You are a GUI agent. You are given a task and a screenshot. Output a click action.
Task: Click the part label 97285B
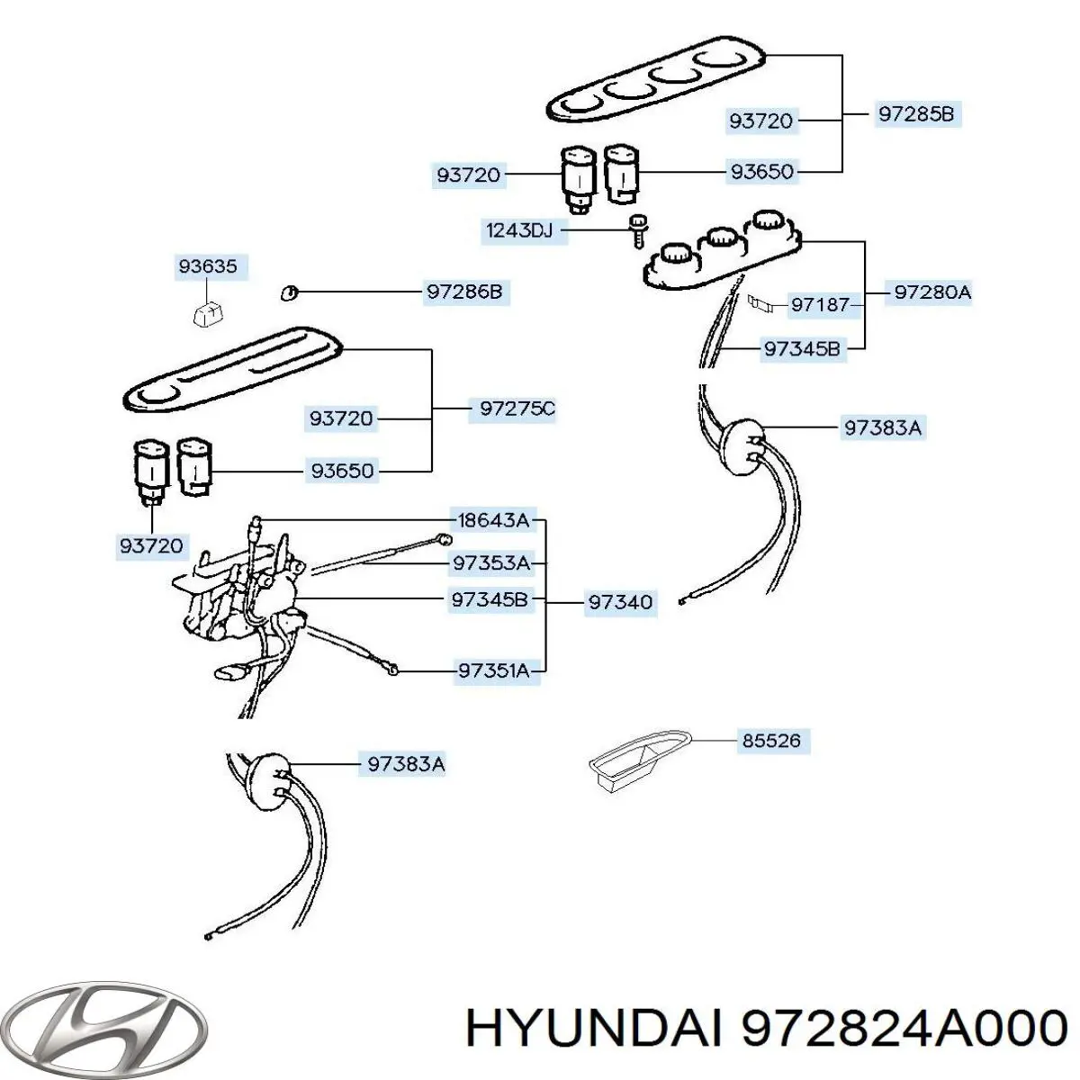click(915, 114)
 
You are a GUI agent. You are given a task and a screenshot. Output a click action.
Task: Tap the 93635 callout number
click(208, 266)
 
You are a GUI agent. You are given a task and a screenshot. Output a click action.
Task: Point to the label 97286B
click(464, 292)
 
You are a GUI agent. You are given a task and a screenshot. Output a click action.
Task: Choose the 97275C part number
click(517, 409)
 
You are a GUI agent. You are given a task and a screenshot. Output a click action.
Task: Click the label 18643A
click(492, 520)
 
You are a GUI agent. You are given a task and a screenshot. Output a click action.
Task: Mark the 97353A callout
click(491, 563)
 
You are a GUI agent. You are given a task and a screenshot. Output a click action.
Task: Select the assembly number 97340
click(620, 602)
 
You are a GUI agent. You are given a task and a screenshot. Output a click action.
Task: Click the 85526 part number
click(771, 741)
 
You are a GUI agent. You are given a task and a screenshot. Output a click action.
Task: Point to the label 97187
click(820, 305)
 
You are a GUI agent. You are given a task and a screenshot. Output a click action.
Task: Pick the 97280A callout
click(931, 292)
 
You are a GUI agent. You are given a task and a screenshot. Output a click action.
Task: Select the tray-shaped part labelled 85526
click(634, 758)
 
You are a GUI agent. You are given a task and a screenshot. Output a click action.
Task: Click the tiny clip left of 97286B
click(287, 292)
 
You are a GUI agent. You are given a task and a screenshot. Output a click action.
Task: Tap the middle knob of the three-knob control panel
click(722, 240)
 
